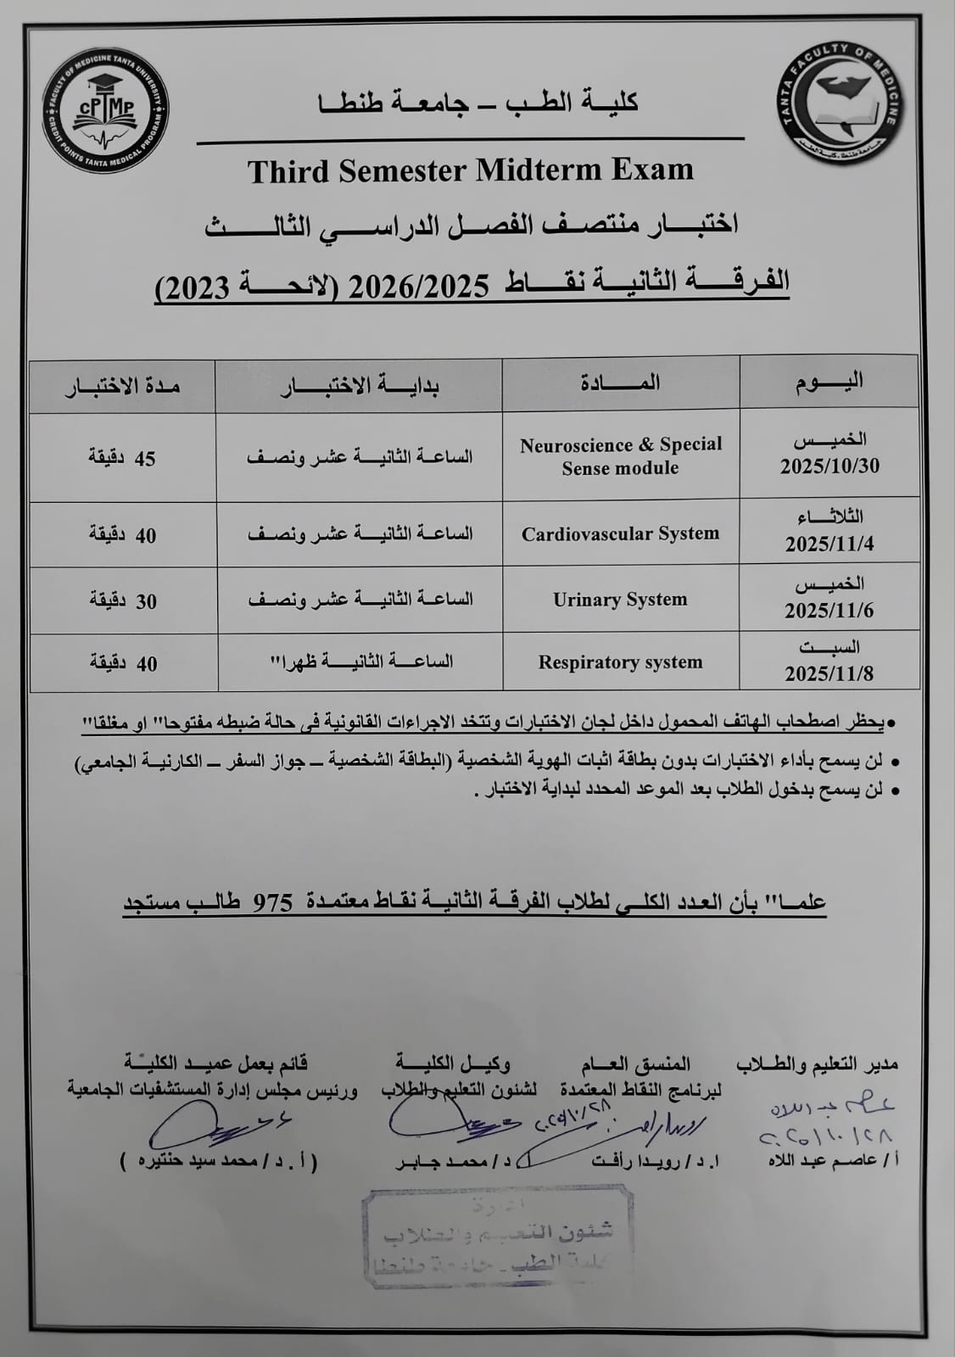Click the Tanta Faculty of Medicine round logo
(841, 104)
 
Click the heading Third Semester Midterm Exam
(471, 170)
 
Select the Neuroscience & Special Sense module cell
(621, 456)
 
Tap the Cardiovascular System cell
(620, 533)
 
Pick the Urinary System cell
(620, 600)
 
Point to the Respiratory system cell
(620, 662)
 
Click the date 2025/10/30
(829, 466)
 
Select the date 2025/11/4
(829, 544)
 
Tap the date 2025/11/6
(829, 611)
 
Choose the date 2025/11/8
(829, 673)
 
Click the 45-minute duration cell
(123, 458)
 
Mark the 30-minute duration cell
(123, 601)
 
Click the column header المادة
(620, 383)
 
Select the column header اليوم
(829, 381)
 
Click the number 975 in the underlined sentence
(273, 902)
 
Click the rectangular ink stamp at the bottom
(498, 1237)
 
